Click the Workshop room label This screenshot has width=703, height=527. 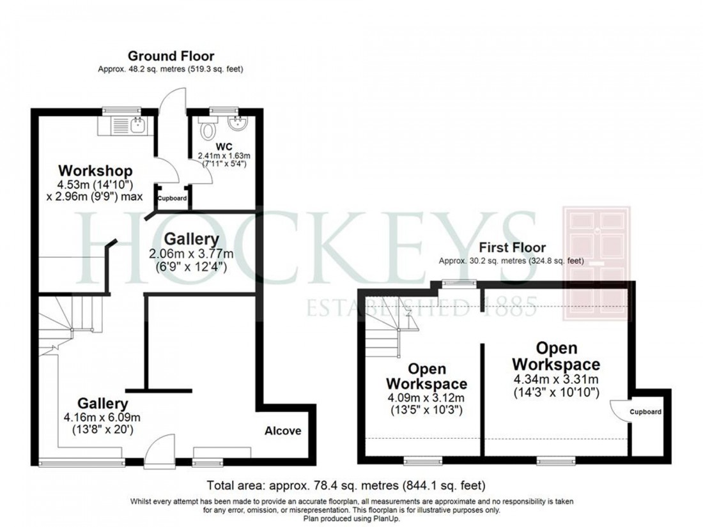[95, 171]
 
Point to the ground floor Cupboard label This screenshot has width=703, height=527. [173, 199]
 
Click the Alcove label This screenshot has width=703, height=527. [282, 431]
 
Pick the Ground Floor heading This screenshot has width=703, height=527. [171, 56]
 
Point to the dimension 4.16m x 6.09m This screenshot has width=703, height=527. [103, 418]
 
